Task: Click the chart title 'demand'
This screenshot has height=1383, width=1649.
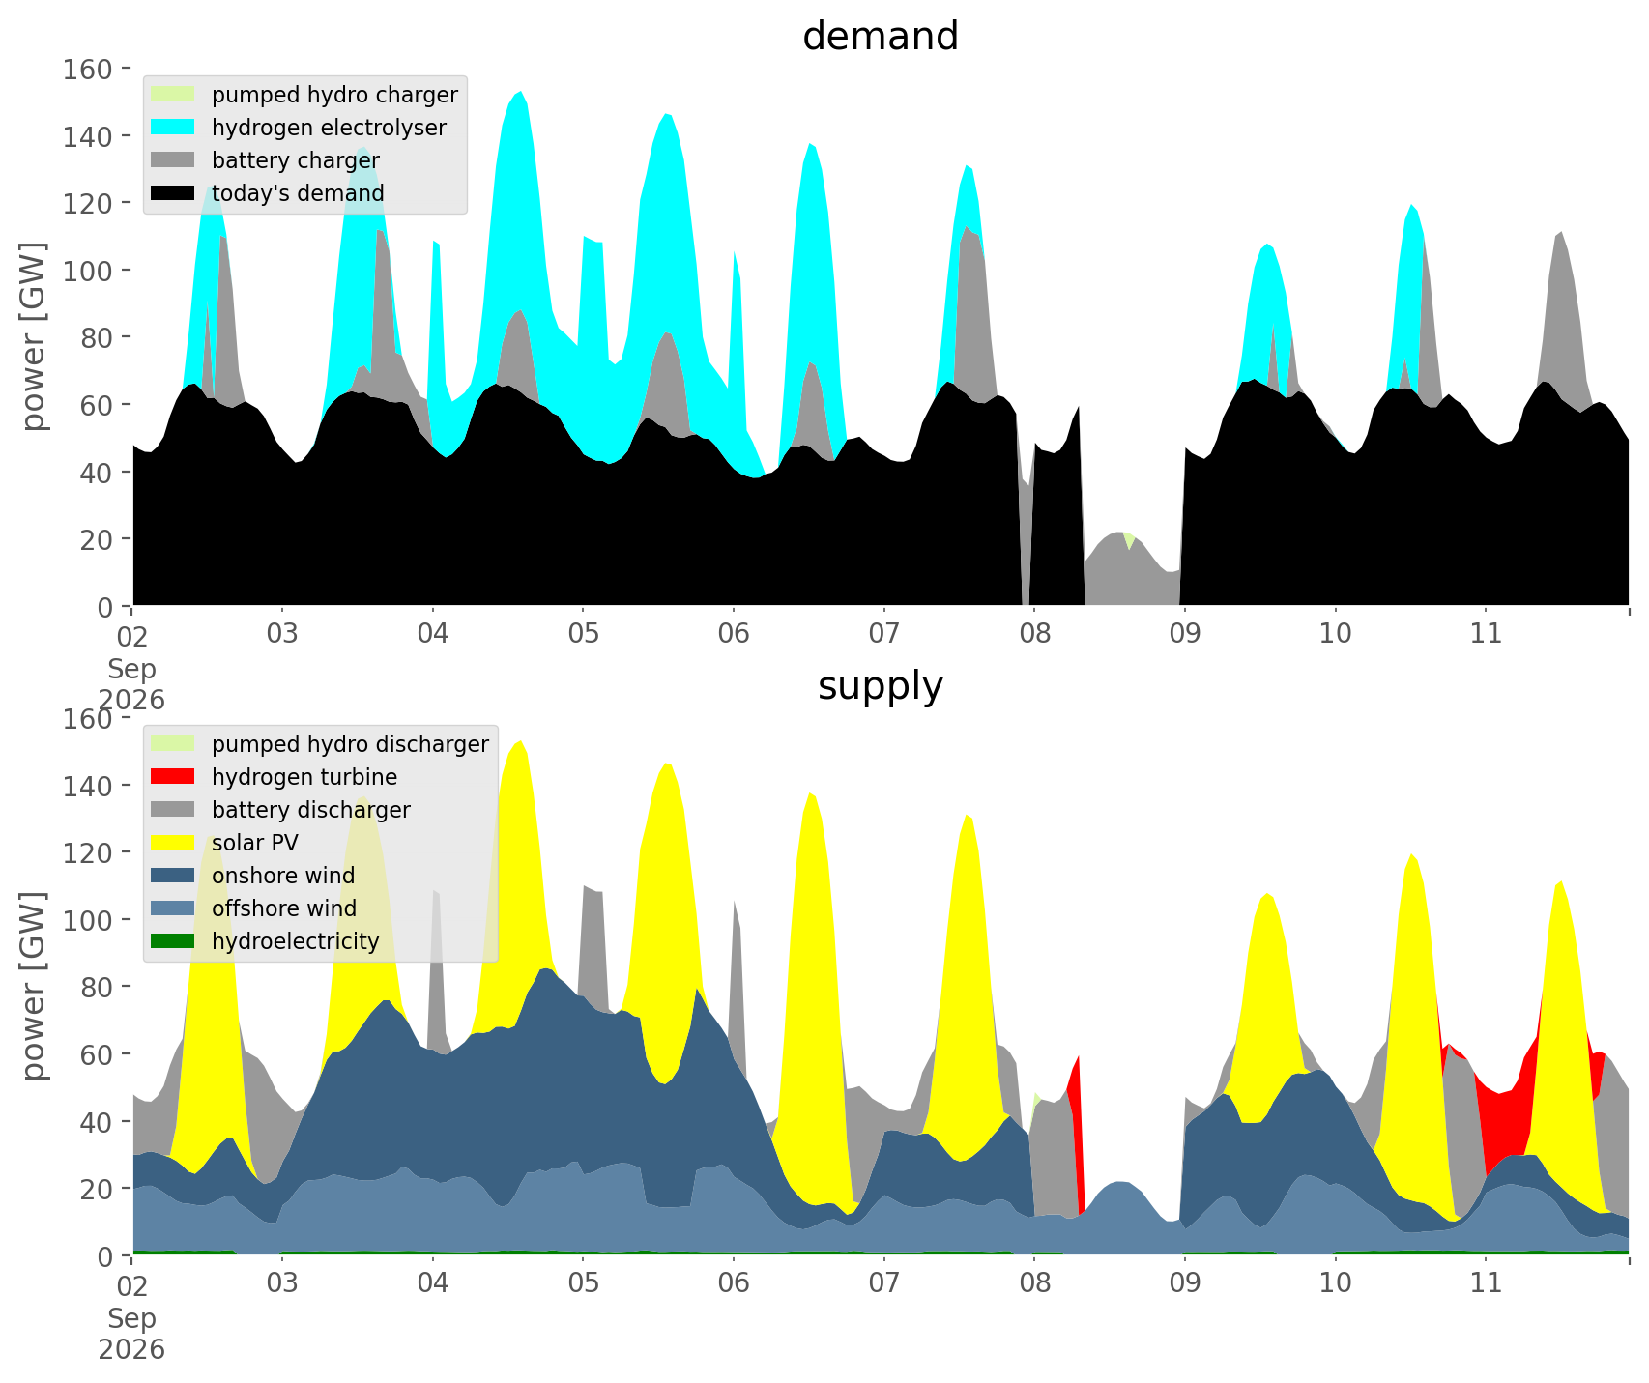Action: [881, 37]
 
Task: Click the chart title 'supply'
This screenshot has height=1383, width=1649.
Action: [881, 686]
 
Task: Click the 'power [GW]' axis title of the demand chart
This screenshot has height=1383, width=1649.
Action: [35, 336]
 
